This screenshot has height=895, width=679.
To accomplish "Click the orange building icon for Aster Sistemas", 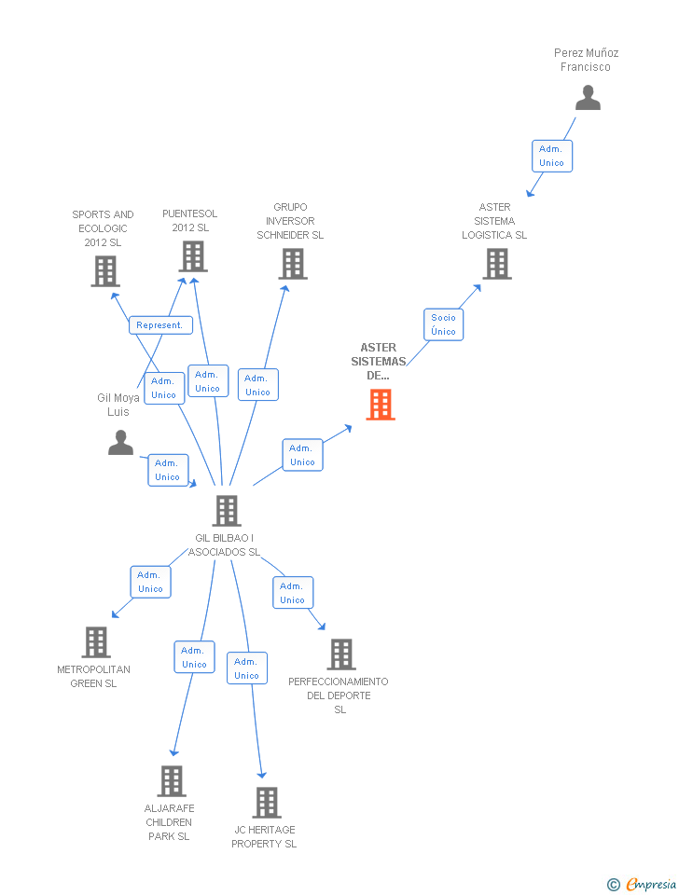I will tap(381, 405).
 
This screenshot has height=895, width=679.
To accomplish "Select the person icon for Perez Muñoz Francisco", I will tap(588, 98).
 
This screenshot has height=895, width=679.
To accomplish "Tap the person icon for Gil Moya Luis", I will tap(120, 442).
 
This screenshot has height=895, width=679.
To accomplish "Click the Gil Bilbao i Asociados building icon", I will tap(227, 511).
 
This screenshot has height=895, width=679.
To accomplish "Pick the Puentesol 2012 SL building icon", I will tap(193, 256).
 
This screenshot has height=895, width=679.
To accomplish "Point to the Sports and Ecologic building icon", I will tap(105, 270).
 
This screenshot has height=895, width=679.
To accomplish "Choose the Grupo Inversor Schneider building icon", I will tap(293, 264).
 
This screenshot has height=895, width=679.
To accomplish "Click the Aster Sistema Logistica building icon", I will tap(496, 264).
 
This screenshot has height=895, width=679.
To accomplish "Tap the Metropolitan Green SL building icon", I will tap(96, 642).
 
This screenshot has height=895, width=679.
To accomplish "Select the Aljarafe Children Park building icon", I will tap(172, 781).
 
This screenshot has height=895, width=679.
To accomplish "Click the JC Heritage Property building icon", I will tap(267, 803).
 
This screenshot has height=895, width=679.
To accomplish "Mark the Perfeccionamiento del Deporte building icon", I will tap(341, 654).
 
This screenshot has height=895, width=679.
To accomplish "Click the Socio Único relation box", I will tap(444, 324).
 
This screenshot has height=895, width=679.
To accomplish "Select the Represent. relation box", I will tap(160, 325).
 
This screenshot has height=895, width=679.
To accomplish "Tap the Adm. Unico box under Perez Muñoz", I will tap(551, 156).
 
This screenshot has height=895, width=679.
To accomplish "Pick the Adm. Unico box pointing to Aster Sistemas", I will tap(302, 455).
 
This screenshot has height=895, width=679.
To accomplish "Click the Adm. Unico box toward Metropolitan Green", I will tap(150, 582).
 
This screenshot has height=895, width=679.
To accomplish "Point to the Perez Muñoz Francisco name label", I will tap(586, 60).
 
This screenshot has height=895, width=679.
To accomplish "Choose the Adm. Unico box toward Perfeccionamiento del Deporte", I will tap(293, 593).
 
